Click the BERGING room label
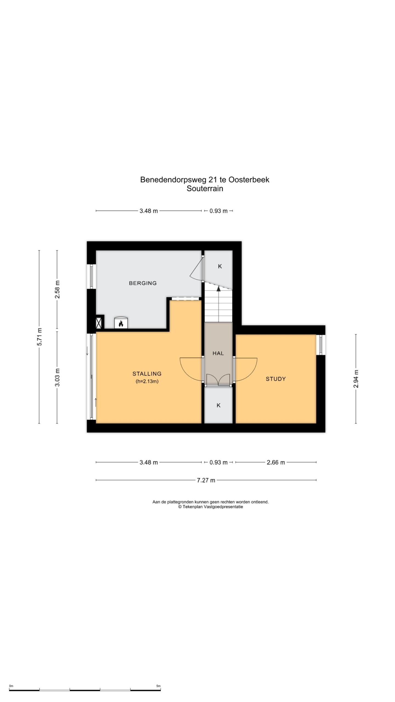click(x=143, y=283)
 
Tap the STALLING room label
click(x=147, y=373)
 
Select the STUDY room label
click(x=276, y=379)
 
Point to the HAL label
click(x=218, y=353)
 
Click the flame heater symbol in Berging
click(x=121, y=323)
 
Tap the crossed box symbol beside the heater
click(x=99, y=322)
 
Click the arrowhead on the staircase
click(x=218, y=288)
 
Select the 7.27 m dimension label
click(x=206, y=480)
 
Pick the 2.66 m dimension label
click(x=276, y=462)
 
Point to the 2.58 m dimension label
click(x=57, y=290)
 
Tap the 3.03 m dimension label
click(x=57, y=377)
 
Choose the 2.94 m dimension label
click(x=356, y=379)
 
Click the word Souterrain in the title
click(x=205, y=189)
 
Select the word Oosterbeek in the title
click(x=249, y=180)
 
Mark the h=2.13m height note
click(x=147, y=381)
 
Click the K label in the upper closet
click(x=220, y=266)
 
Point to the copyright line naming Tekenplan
click(x=210, y=507)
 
